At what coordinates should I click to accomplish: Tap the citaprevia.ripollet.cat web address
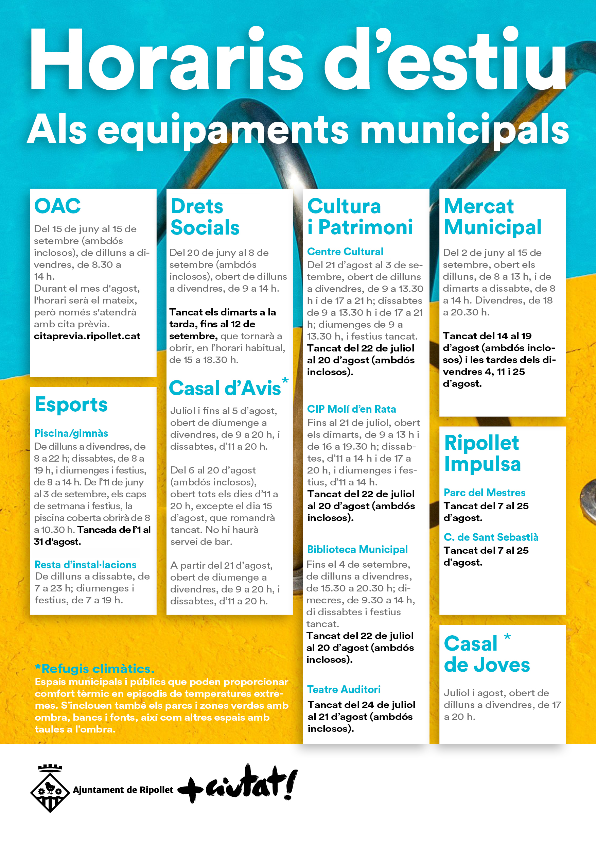pos(87,336)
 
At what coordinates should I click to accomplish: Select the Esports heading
pos(71,404)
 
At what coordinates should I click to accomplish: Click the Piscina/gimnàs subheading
pos(71,433)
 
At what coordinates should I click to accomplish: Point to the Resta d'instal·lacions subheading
pos(85,564)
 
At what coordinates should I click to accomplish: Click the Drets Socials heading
pos(205,217)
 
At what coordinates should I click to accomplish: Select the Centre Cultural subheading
pos(345,252)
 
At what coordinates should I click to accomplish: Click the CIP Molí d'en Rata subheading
pos(351,409)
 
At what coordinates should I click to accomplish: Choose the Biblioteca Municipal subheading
pos(357,549)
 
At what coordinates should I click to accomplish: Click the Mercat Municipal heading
pos(492,217)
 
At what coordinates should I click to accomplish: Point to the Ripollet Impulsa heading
pos(482,453)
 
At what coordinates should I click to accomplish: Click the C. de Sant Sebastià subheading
pos(491,537)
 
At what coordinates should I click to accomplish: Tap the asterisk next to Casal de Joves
pos(507,637)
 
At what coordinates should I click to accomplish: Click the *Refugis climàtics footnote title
pos(95,669)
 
